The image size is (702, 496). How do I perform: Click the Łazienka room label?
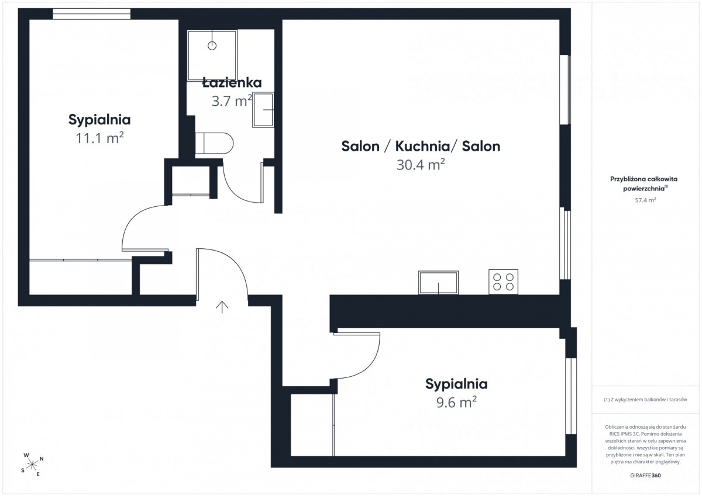pos(232,82)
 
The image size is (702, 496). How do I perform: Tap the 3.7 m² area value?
pos(232,100)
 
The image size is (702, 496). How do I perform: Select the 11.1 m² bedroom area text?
pos(99,138)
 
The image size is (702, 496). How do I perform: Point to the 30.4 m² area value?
pos(421,165)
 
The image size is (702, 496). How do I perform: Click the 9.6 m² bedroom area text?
pos(457,402)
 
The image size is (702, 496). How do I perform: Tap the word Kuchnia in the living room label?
pos(422,146)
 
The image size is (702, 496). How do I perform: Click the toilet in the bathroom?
pos(214,143)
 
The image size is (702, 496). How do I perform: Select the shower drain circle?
pos(212,46)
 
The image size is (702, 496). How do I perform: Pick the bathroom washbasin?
pos(263,109)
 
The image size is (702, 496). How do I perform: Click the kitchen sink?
pos(438,283)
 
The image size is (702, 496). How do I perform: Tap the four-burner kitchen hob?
pos(503,282)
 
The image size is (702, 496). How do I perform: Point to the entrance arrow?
pos(222,307)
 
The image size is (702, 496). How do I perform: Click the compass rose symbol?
pos(32,464)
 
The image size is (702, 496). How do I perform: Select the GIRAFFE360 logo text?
pos(645,476)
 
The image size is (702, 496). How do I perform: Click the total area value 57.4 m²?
pos(645,200)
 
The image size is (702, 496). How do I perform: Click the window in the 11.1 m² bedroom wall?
pos(91,14)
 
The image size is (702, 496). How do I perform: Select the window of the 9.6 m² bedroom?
pos(571,396)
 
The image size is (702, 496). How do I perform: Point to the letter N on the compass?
pos(42,459)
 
